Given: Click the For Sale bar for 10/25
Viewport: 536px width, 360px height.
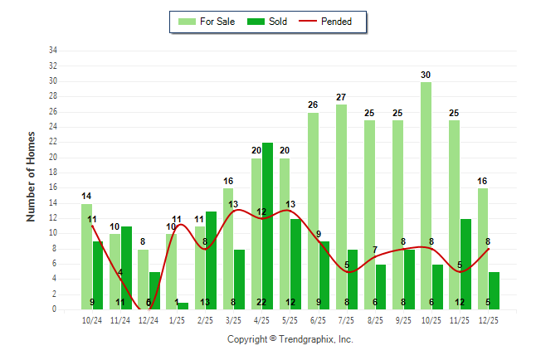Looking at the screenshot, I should [x=425, y=196].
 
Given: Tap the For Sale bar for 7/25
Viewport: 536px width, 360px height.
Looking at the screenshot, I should [x=341, y=207].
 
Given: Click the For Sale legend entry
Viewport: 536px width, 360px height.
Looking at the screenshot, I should [x=210, y=22].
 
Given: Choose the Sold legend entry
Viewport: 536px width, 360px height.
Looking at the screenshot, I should [x=269, y=22].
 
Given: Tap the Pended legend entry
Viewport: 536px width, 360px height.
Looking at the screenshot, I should [x=337, y=22].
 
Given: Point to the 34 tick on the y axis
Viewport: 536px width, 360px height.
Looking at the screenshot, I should [x=52, y=51].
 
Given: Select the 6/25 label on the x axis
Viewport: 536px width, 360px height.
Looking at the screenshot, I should [x=319, y=319].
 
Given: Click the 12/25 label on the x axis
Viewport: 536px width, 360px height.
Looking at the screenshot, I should [x=488, y=319].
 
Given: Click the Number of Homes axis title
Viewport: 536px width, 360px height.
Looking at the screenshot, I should [x=32, y=176].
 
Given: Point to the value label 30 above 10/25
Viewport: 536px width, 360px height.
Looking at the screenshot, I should [x=426, y=75].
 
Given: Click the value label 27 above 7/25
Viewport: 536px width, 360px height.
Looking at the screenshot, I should [x=341, y=97].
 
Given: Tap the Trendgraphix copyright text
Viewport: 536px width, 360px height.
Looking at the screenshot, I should [x=290, y=339].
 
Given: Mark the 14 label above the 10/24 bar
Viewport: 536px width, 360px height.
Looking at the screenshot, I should [x=86, y=197].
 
